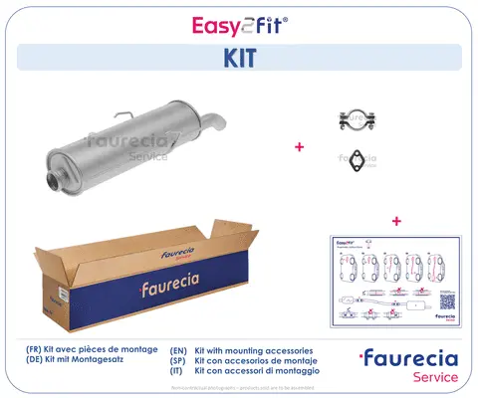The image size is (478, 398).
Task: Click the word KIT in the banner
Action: (x=239, y=57)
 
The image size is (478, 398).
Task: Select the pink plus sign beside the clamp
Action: (x=298, y=147)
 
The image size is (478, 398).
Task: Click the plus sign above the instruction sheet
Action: (x=396, y=220)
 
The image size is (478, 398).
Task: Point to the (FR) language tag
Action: (x=36, y=350)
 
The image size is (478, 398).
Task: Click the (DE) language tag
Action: (x=36, y=362)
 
